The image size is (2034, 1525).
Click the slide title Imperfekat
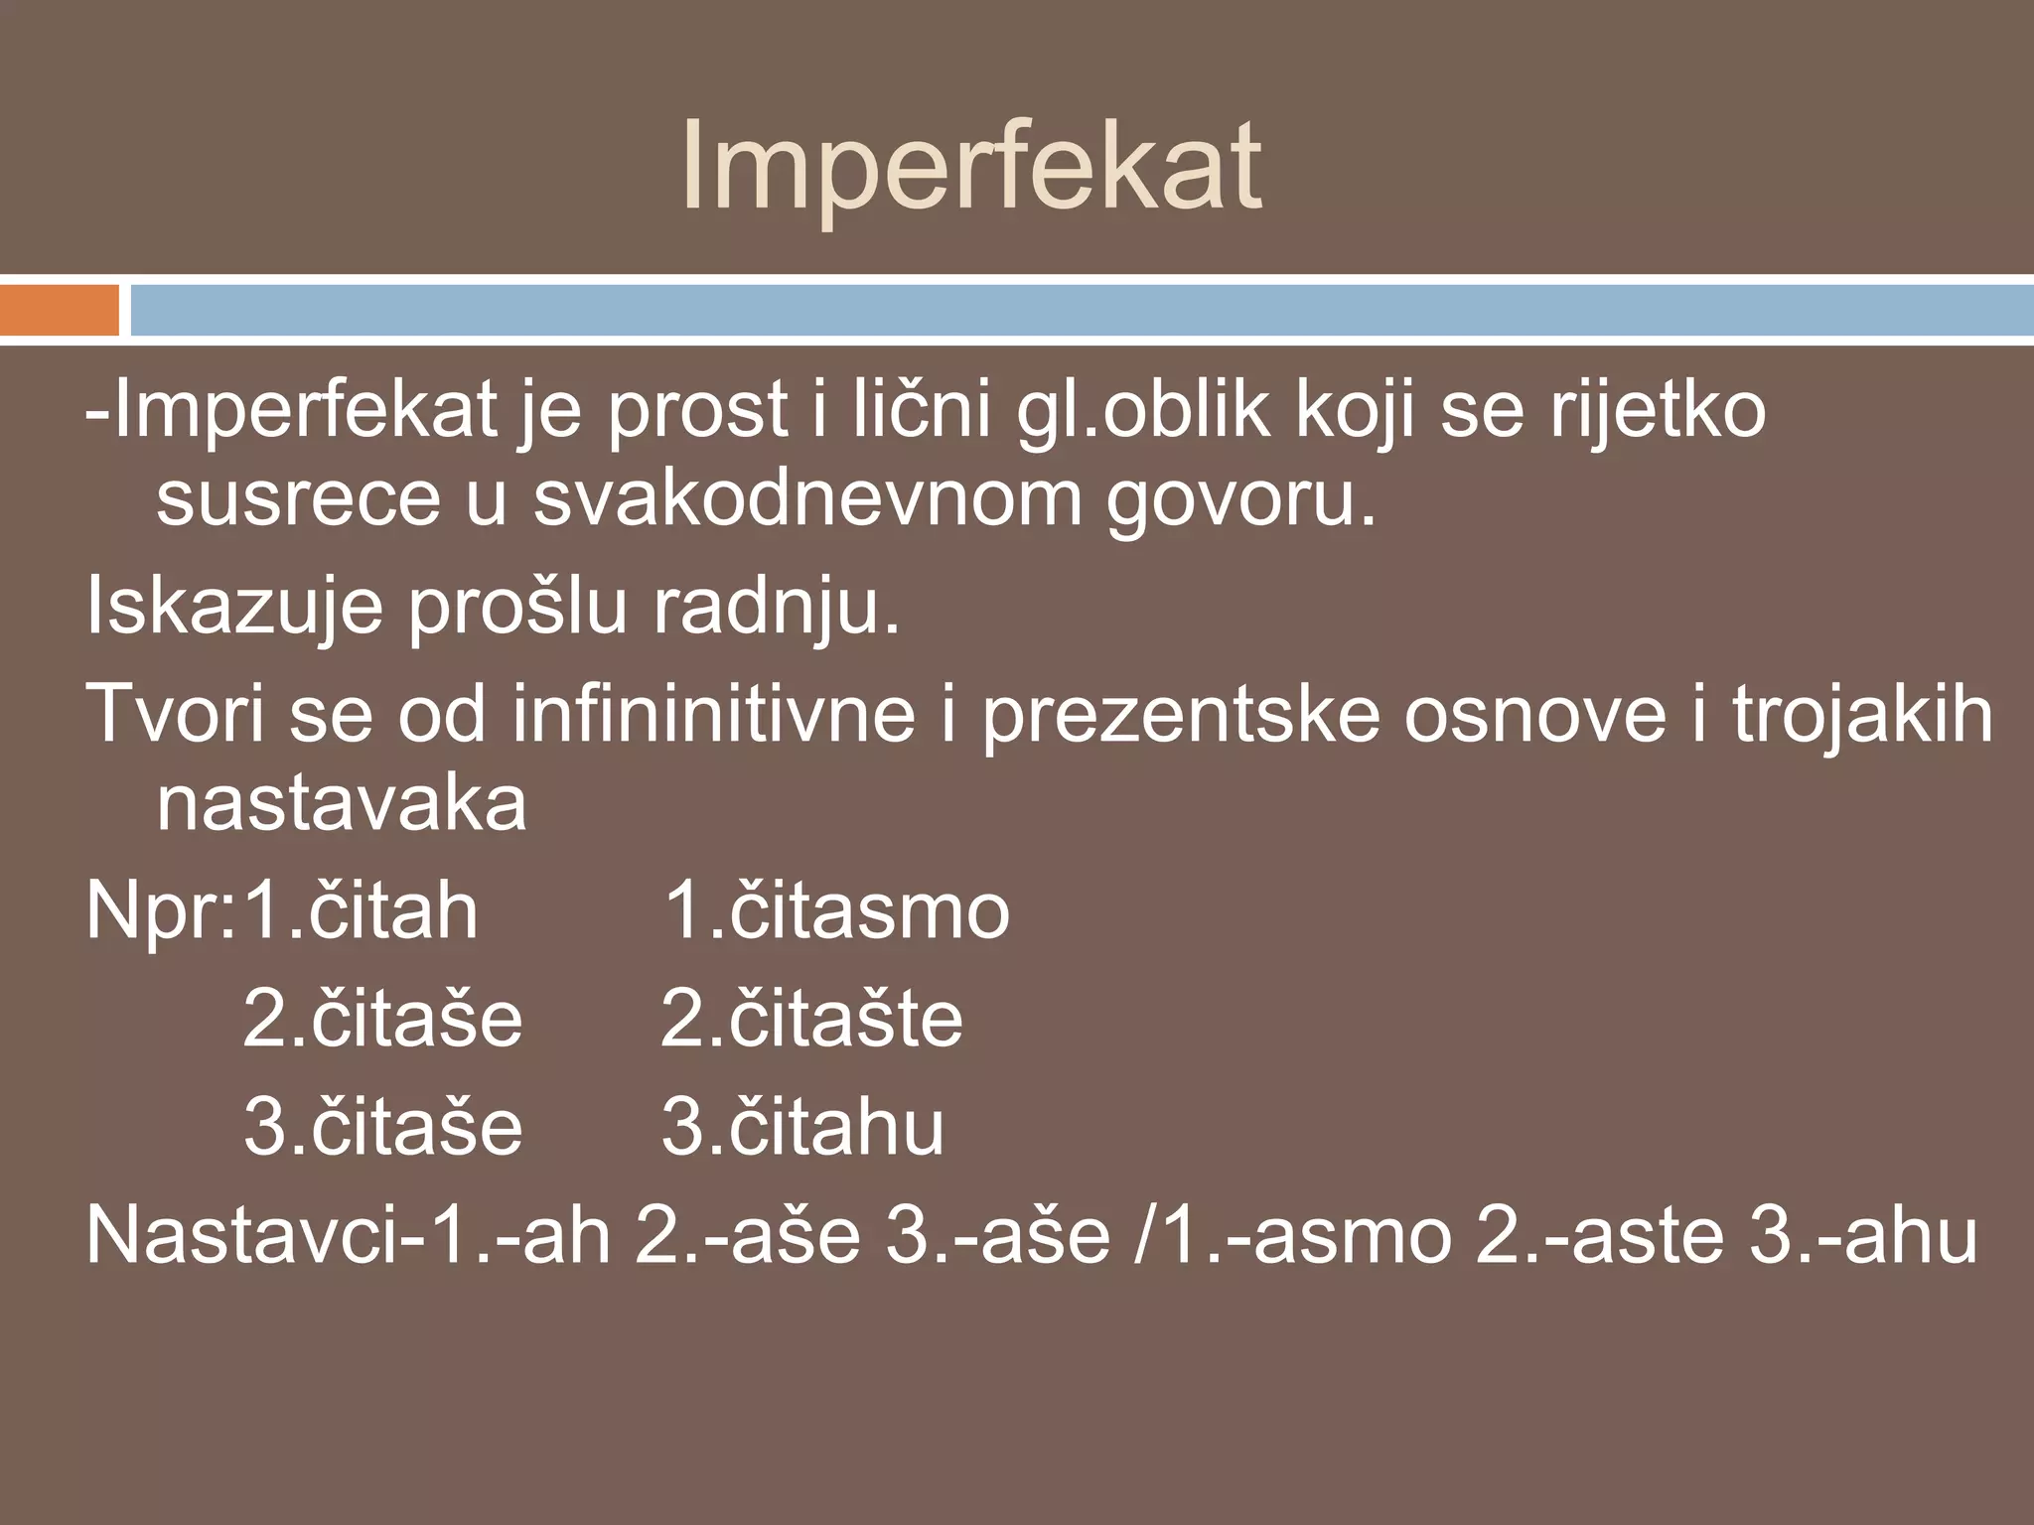pos(971,167)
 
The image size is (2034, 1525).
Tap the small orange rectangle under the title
pos(60,310)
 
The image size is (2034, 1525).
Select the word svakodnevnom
pos(807,499)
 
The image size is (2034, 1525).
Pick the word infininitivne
pos(713,715)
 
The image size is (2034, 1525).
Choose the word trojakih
pos(1863,715)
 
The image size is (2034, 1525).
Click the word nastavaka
pos(342,804)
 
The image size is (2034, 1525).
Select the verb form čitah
pos(393,911)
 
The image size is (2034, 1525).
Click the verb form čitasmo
pos(870,911)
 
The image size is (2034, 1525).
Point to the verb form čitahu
pos(836,1128)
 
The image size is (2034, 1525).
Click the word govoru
pos(1241,499)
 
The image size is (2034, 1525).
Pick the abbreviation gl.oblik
pos(1143,412)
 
